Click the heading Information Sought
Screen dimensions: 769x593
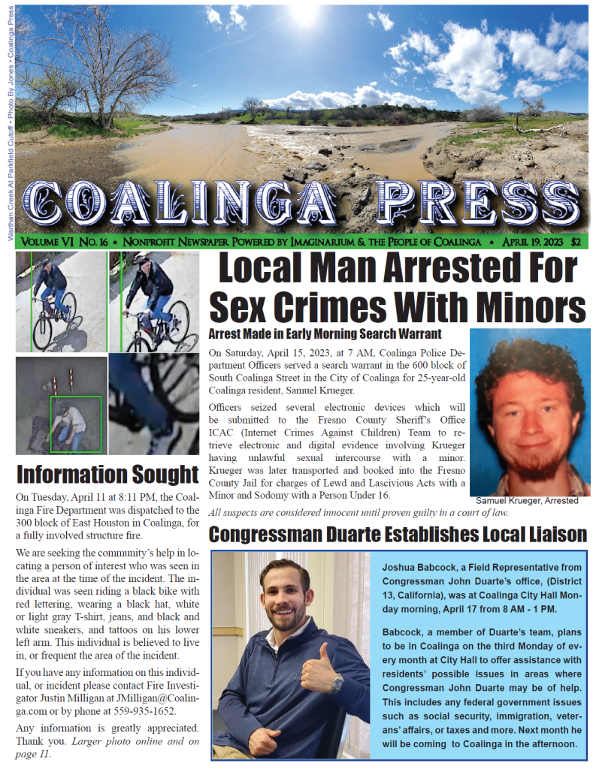coord(107,475)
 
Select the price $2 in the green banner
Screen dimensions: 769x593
coord(575,242)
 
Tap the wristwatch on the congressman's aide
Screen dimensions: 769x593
coord(337,683)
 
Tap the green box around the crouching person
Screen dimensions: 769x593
coord(75,424)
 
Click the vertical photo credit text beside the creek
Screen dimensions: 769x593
coord(10,120)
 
